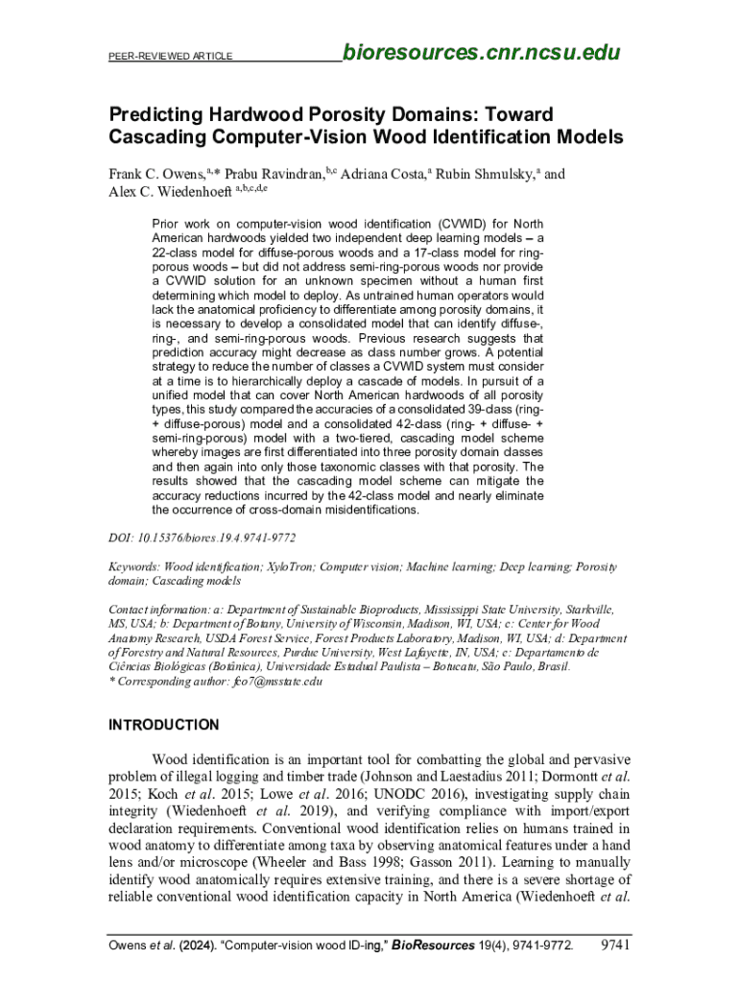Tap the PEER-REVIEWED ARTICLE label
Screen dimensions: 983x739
(x=170, y=57)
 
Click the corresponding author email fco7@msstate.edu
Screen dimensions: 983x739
(x=276, y=682)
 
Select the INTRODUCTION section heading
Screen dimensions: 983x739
(x=163, y=725)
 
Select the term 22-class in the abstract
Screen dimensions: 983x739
(x=179, y=252)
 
